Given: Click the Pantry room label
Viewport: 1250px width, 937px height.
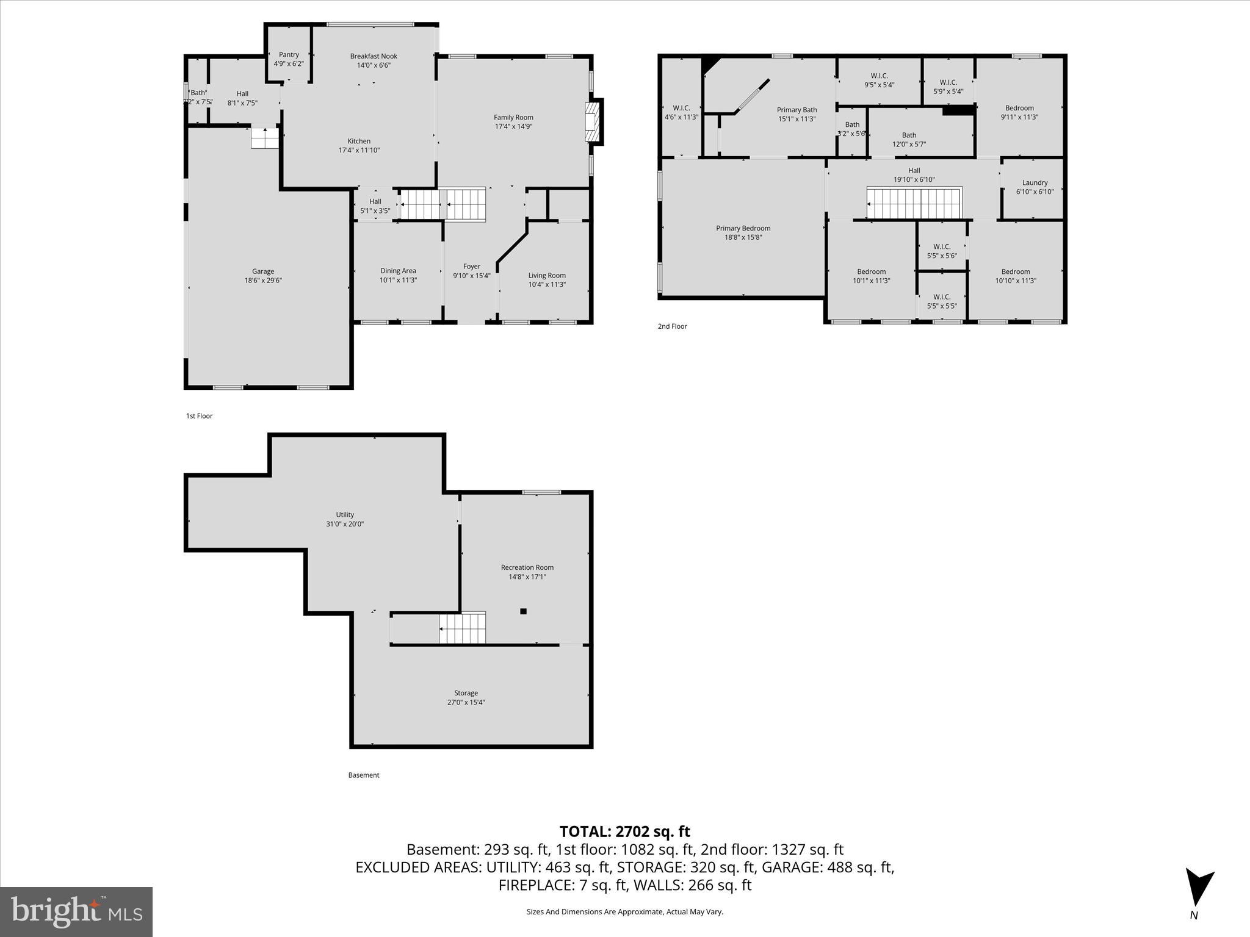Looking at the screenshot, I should [289, 55].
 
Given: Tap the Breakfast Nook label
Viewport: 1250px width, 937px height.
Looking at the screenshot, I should [374, 56].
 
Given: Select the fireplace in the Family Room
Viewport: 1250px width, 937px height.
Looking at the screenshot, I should [592, 122].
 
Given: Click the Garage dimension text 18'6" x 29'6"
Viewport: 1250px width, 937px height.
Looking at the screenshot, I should [263, 281].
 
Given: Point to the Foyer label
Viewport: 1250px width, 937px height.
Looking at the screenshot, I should [472, 267].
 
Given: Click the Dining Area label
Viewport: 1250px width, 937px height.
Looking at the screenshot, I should [398, 271].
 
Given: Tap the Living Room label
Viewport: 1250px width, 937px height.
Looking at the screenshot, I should [547, 275].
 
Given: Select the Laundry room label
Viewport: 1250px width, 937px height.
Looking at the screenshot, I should [1035, 182].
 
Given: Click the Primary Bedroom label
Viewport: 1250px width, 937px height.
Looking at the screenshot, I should [743, 228].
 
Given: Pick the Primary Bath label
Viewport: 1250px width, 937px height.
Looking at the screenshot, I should [797, 110].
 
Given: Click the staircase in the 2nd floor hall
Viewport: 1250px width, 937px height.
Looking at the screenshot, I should [914, 203].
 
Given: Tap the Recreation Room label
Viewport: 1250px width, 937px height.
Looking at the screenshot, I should [527, 567].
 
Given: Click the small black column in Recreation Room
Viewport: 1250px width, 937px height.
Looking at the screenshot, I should [523, 611].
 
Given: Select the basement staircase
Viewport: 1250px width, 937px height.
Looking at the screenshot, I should [463, 628].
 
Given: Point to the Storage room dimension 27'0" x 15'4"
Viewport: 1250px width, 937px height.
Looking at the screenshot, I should [466, 702].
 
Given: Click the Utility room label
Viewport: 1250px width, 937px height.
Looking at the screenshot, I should [345, 515].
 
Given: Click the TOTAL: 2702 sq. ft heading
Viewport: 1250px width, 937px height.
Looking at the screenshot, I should [624, 831].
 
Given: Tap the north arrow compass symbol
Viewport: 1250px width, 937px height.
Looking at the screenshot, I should [1198, 888].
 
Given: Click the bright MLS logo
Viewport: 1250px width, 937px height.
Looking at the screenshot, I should [76, 911].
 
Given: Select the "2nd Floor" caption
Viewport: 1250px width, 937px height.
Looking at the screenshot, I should [672, 326].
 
